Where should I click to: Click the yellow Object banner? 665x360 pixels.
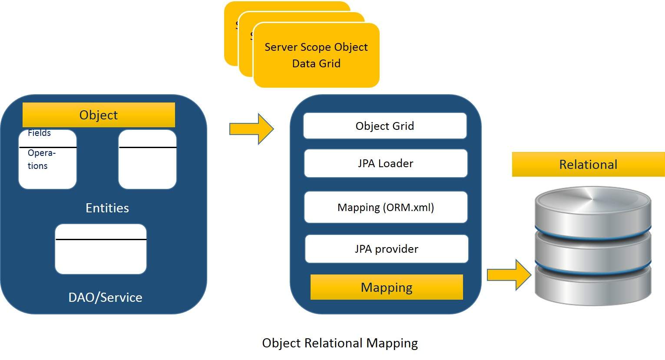click(99, 115)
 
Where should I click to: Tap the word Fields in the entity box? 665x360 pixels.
click(39, 133)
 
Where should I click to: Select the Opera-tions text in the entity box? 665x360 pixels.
click(41, 159)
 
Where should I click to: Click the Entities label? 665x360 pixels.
click(107, 208)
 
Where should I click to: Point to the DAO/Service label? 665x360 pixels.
click(105, 297)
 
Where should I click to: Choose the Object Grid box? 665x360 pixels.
click(385, 126)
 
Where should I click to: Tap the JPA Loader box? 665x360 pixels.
click(385, 163)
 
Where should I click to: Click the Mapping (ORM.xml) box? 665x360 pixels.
click(386, 207)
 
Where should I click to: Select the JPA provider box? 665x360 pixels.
click(386, 249)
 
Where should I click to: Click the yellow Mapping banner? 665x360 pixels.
click(387, 287)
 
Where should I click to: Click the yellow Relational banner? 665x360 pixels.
click(588, 165)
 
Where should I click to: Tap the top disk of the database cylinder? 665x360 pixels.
click(593, 204)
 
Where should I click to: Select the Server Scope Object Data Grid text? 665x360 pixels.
click(316, 55)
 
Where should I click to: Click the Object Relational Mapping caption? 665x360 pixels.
click(340, 343)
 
